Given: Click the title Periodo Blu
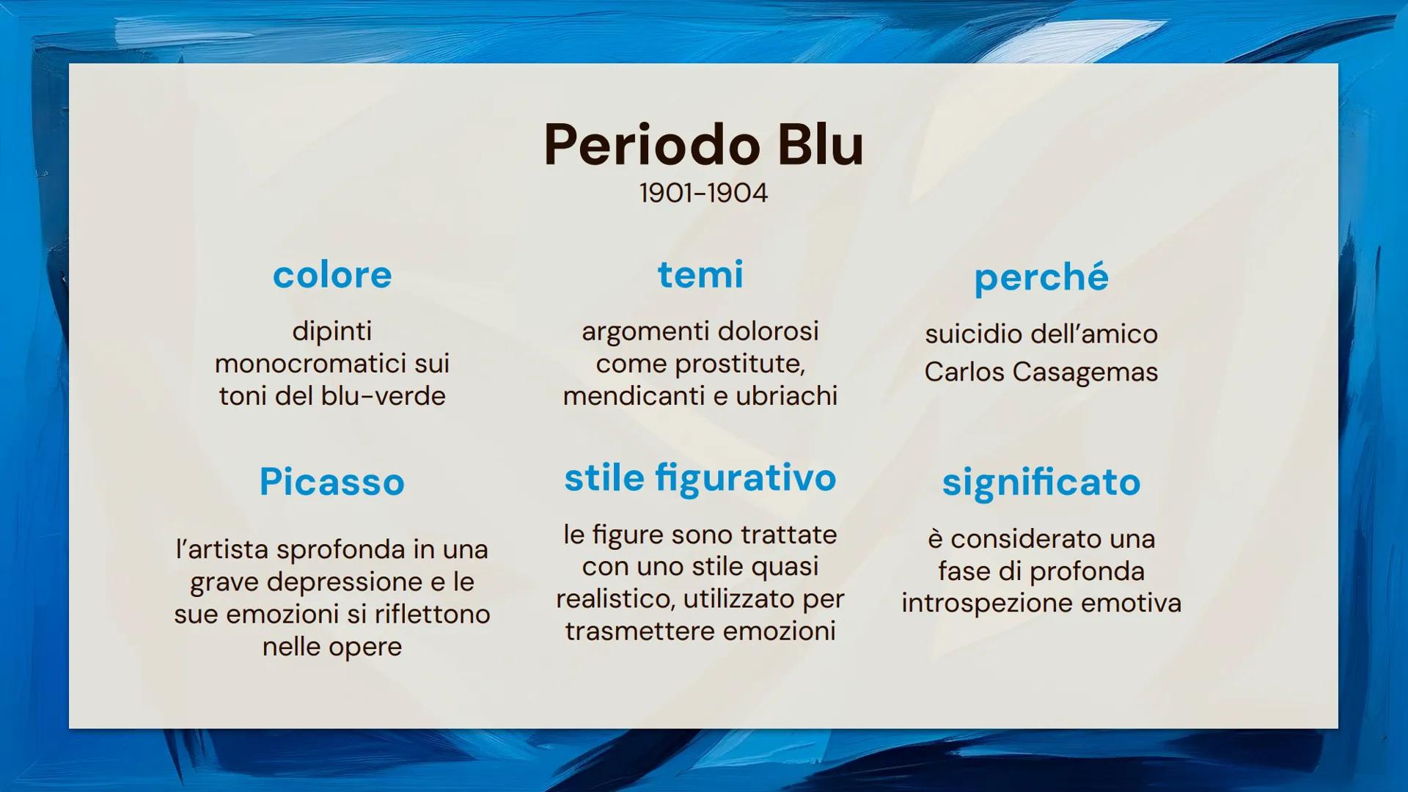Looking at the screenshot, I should pos(703,144).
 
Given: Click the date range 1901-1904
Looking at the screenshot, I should pos(703,193).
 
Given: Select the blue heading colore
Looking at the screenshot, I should pos(332,275).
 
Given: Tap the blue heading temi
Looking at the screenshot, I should pos(700,275).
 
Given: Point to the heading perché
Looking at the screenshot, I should pos(1041,278).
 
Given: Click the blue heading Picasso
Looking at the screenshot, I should pos(332,482).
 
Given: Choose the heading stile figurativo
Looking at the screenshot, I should pos(700,479).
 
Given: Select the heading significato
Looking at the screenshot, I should pos(1041,483).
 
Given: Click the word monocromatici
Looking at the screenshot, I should pos(309,364).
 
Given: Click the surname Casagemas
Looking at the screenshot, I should pos(1085,372).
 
